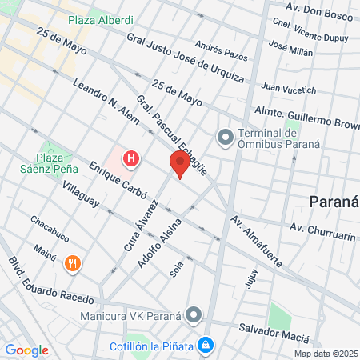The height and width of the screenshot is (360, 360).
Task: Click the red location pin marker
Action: [180, 166]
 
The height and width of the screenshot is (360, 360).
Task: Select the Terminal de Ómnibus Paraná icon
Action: [225, 138]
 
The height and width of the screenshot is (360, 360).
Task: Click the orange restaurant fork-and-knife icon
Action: [73, 263]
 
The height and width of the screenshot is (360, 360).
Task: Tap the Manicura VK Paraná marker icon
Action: [193, 314]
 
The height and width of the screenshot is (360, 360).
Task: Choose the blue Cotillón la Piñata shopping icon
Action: [206, 344]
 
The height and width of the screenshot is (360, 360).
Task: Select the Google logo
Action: [26, 350]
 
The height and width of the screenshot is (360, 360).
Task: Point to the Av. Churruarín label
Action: [322, 227]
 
